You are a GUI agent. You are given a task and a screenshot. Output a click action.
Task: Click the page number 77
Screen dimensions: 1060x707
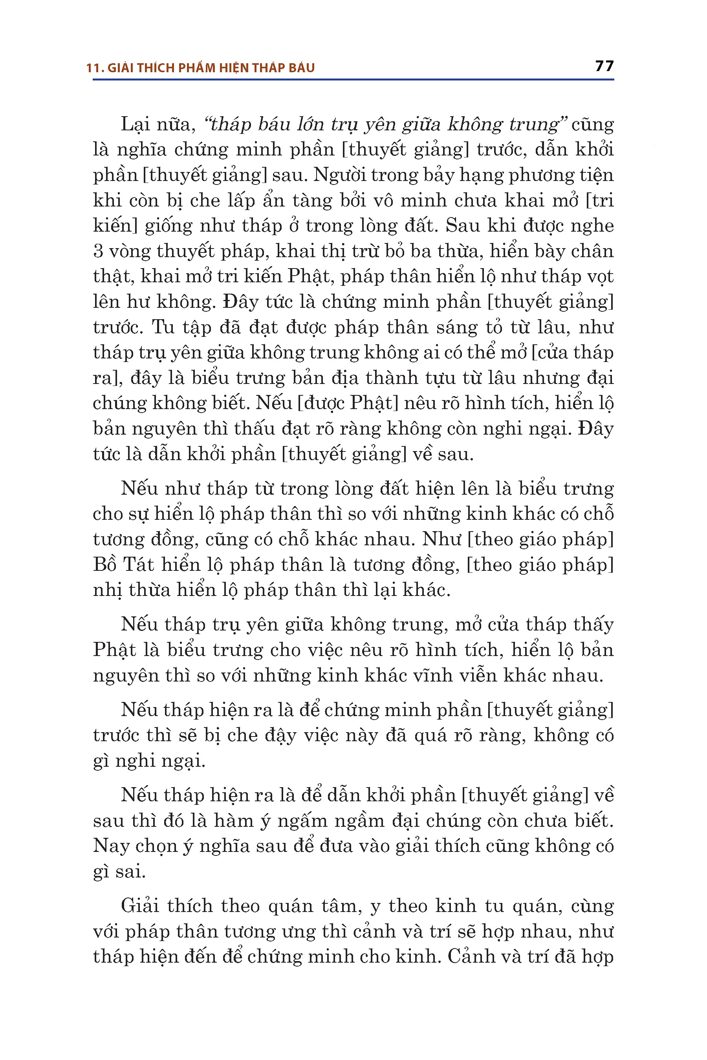(x=604, y=66)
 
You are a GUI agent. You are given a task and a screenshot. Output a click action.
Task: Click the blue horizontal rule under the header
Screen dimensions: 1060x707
(x=353, y=80)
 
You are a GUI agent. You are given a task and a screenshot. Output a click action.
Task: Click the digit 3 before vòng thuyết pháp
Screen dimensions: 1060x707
(x=98, y=252)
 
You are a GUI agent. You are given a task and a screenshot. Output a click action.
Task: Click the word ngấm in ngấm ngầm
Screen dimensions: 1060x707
(x=302, y=821)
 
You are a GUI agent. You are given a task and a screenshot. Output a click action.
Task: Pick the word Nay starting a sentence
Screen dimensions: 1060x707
(x=111, y=846)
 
